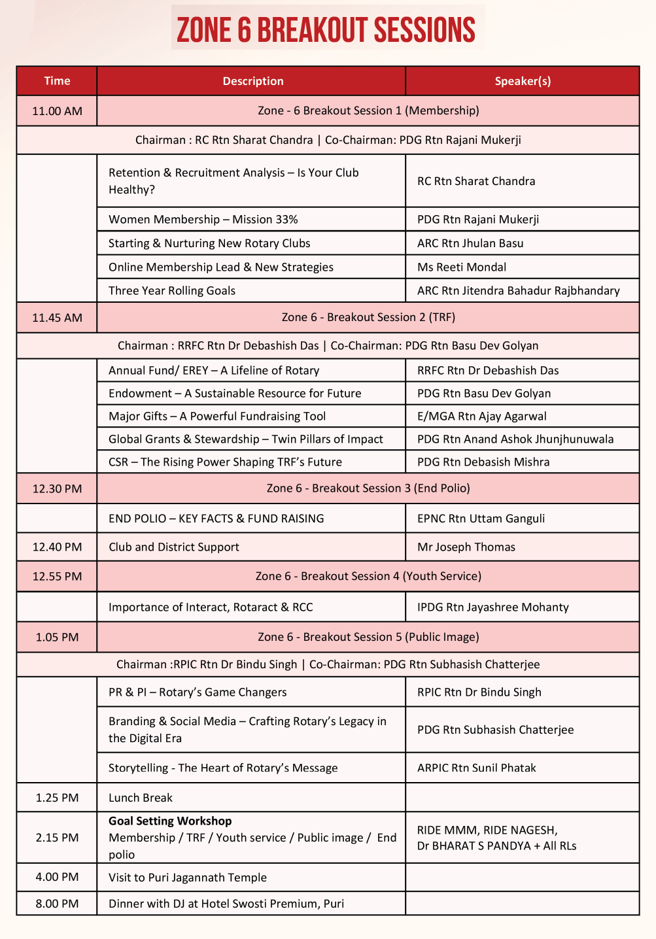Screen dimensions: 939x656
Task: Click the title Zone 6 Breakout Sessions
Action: [326, 30]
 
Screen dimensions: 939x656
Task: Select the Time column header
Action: [57, 81]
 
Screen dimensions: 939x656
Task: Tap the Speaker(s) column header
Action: [523, 81]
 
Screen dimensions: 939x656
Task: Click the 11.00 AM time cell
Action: [57, 111]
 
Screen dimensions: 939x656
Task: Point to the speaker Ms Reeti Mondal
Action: [462, 267]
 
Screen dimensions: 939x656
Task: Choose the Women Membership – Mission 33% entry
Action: [203, 220]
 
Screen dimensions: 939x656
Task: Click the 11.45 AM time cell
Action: [57, 318]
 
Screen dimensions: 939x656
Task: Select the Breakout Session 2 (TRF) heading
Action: [368, 317]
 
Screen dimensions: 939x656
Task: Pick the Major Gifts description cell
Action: [217, 417]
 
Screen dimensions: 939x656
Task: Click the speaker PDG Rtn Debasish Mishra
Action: [483, 462]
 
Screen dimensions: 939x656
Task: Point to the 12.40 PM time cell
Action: [57, 547]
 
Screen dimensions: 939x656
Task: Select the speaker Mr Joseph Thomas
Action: [466, 547]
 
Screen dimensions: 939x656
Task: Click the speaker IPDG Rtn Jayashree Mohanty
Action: [493, 607]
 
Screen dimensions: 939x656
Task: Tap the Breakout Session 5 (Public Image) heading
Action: [368, 637]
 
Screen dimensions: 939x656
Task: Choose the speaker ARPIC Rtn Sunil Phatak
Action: [476, 768]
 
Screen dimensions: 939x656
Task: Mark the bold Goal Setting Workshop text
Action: [170, 821]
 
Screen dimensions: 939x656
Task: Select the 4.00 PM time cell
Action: [57, 877]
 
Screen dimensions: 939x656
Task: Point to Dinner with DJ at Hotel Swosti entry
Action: [226, 904]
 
